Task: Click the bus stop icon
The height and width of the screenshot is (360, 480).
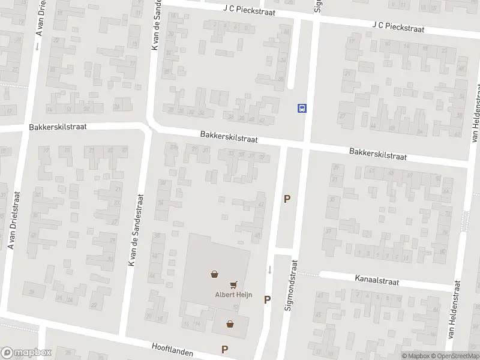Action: coord(302,109)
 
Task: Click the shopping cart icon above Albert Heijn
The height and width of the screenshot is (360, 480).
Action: coord(233,284)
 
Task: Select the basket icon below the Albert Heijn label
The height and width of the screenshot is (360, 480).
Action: coord(230,324)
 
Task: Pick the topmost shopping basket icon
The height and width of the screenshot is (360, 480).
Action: coord(214,274)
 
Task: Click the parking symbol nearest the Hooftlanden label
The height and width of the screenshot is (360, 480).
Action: coord(225,349)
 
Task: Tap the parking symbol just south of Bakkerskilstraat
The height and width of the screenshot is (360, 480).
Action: coord(287,199)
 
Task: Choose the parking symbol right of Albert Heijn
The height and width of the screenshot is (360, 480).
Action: coord(268,299)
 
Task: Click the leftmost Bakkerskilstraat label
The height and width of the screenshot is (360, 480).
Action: coord(58,127)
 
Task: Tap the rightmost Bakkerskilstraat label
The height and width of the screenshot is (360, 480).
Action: coord(378,154)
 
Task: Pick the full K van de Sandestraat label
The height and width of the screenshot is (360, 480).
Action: coord(136,230)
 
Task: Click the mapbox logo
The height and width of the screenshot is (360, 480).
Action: coord(26,353)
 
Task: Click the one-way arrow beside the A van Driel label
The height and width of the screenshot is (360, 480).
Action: coord(37,46)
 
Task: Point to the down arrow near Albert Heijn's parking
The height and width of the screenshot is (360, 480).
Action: coord(269,269)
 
